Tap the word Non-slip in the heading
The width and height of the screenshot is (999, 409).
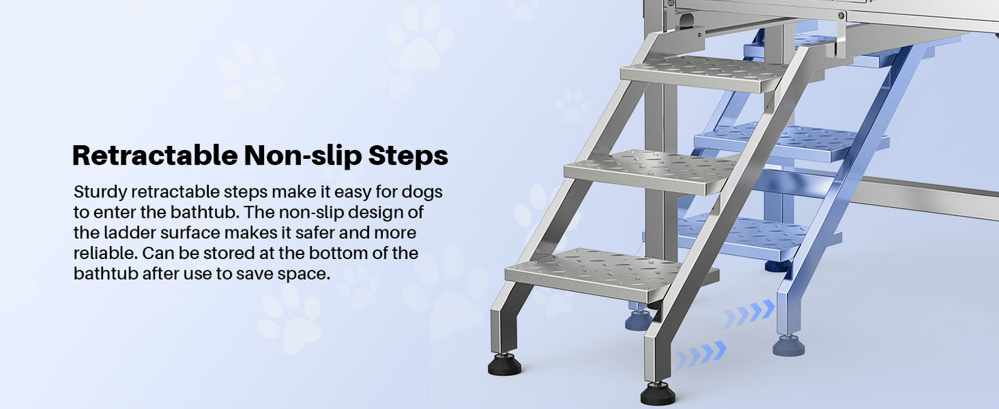(302, 156)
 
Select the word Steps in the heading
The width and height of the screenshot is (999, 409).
(408, 156)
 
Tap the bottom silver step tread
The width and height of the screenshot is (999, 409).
(595, 273)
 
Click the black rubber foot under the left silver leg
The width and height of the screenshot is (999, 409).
(505, 364)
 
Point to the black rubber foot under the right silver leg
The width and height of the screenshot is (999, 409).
(657, 394)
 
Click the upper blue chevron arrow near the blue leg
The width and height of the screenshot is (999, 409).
(749, 314)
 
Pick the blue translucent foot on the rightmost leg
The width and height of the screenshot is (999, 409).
(789, 345)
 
